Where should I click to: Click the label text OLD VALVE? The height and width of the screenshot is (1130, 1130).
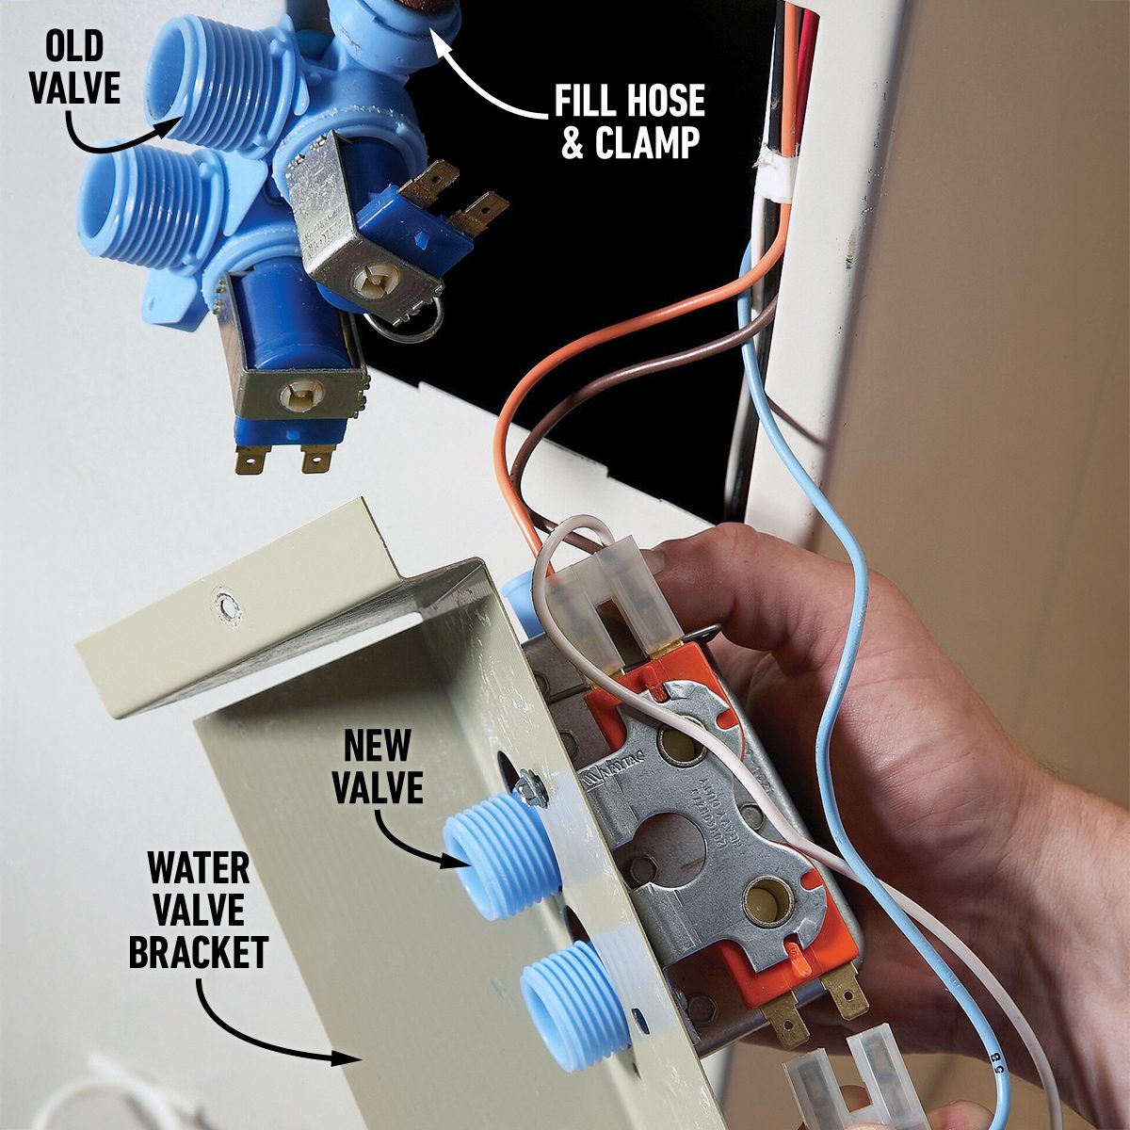(74, 68)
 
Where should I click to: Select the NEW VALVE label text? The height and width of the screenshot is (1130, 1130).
(377, 767)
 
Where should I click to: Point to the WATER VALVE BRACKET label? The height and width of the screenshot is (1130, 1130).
(198, 910)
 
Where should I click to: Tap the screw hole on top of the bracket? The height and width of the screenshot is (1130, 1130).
(225, 605)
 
